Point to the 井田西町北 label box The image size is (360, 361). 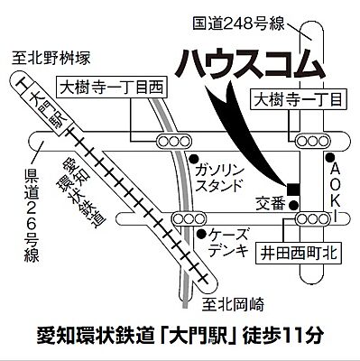click(x=299, y=255)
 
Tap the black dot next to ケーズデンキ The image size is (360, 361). click(x=207, y=233)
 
